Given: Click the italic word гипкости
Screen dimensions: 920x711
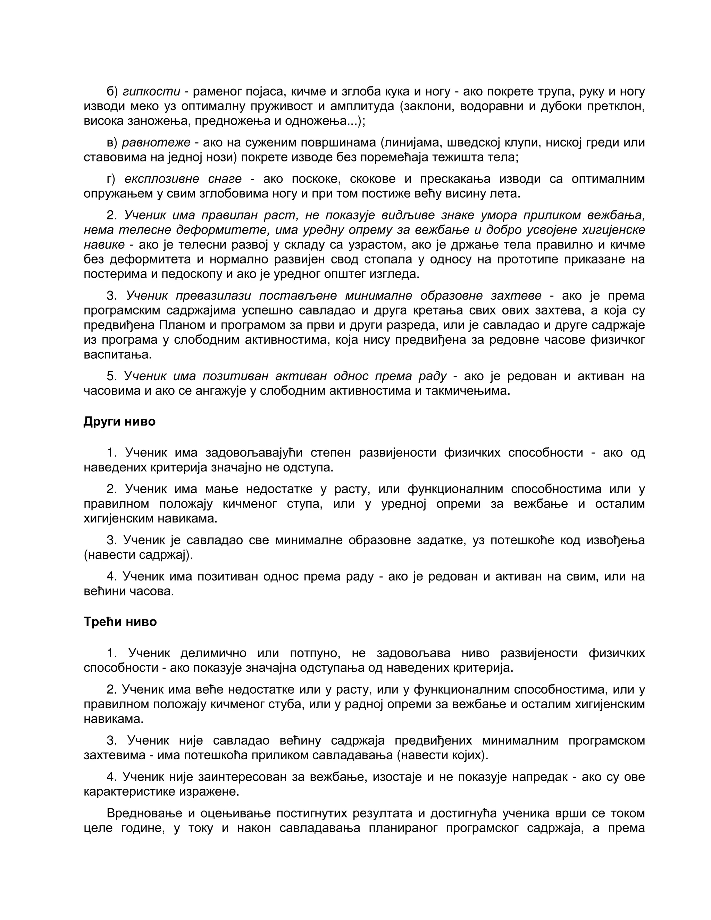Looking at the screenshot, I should tap(151, 91).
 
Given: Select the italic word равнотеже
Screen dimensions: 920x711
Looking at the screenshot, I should tap(156, 142).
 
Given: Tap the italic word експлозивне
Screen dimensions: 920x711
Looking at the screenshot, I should tap(162, 179).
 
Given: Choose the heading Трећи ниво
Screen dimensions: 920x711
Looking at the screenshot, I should tap(120, 622).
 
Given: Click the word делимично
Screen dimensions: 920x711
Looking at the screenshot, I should tap(213, 653).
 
